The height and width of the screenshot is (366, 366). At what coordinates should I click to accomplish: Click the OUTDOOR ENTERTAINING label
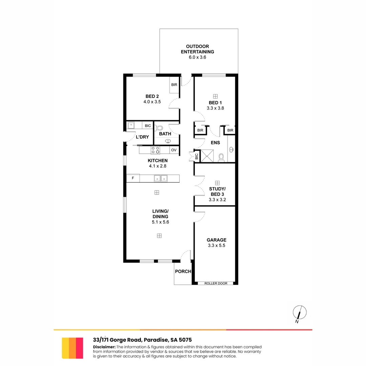click(200, 49)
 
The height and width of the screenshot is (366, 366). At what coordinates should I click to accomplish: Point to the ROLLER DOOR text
click(216, 283)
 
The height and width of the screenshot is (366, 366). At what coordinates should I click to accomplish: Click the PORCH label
click(183, 271)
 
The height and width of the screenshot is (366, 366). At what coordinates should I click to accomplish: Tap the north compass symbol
click(300, 312)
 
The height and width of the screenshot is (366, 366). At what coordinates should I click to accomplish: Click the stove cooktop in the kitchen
click(156, 150)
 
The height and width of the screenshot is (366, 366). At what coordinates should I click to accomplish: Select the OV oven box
click(174, 150)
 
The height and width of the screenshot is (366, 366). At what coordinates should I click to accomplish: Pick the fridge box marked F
click(133, 178)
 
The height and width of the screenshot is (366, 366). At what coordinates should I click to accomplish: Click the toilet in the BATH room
click(159, 128)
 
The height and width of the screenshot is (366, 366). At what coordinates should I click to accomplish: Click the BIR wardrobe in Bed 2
click(174, 84)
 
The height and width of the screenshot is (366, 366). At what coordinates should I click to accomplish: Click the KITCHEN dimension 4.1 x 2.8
click(158, 166)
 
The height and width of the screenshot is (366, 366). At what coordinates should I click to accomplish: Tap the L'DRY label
click(142, 137)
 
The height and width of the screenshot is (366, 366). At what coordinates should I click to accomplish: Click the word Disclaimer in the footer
click(104, 347)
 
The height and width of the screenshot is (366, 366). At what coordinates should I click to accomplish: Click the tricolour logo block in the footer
click(73, 348)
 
